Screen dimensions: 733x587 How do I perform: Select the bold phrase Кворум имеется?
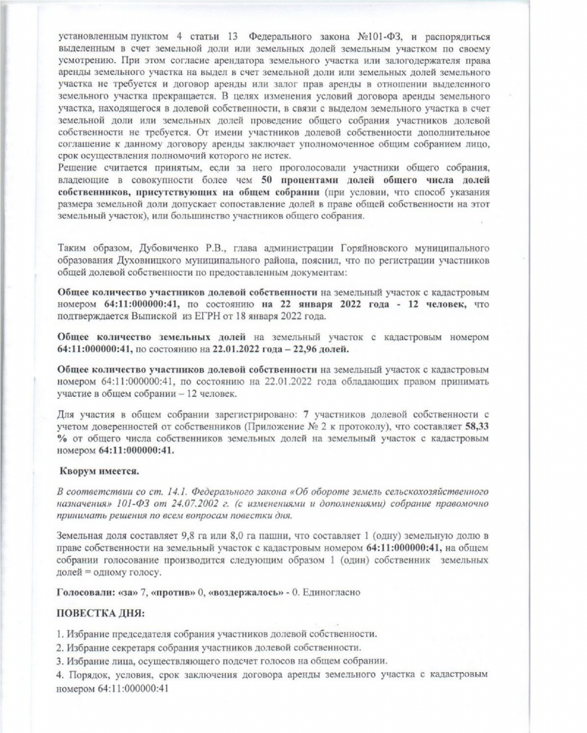pyautogui.click(x=93, y=472)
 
